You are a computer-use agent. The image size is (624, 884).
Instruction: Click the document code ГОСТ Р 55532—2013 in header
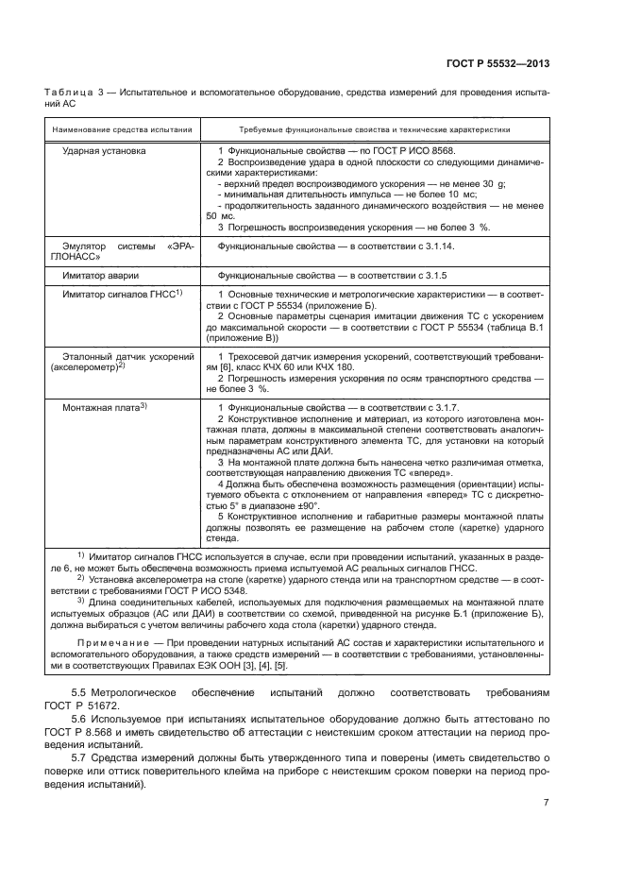tap(498, 63)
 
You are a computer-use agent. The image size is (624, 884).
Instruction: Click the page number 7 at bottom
tap(547, 803)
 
